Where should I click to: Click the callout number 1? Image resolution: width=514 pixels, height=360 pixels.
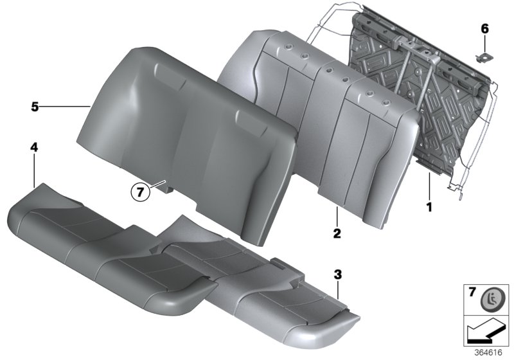[429, 208]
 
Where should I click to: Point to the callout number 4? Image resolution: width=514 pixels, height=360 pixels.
[33, 148]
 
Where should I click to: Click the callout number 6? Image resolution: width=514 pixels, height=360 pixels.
[484, 28]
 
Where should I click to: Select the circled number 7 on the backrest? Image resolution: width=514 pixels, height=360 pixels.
[141, 191]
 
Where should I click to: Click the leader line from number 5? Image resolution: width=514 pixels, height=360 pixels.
[64, 107]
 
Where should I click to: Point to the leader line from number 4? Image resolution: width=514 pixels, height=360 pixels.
[34, 170]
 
